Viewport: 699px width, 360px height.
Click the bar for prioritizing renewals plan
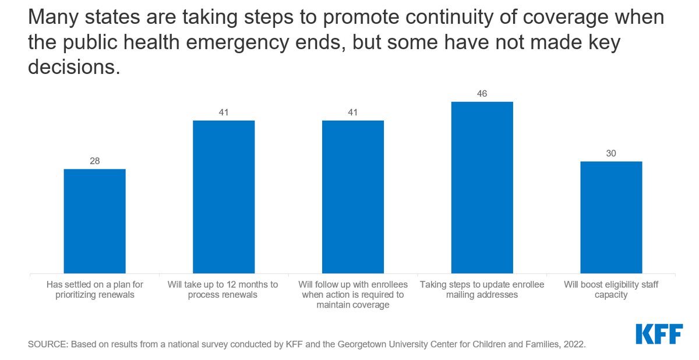click(94, 221)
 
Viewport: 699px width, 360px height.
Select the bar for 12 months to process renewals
click(224, 197)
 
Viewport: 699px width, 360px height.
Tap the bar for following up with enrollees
click(353, 197)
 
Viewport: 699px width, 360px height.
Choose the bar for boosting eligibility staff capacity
click(611, 217)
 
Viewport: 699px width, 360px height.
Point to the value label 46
click(482, 94)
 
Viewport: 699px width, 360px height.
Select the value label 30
click(611, 154)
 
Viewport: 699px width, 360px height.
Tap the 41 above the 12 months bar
click(224, 112)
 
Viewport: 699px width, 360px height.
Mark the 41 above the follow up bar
click(353, 112)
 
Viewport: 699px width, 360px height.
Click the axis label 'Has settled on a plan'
click(94, 290)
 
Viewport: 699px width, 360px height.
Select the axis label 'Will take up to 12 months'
click(224, 290)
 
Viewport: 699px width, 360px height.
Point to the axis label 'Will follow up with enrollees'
click(353, 295)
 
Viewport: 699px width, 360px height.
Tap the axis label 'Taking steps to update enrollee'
click(482, 290)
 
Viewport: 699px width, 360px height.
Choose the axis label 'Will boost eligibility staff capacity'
click(611, 290)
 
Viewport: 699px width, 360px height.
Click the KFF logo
click(659, 334)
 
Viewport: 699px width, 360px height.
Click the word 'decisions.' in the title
click(74, 68)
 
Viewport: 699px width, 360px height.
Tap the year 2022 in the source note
click(573, 345)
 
